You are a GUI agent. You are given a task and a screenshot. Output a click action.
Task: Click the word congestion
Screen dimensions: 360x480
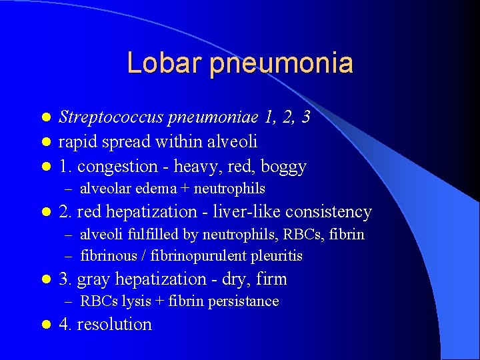click(120, 166)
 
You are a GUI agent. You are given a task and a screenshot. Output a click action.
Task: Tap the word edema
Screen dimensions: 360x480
click(153, 189)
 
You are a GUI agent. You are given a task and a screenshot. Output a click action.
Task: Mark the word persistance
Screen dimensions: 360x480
click(243, 301)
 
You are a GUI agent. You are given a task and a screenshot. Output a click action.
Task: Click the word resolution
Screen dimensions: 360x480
click(115, 325)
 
